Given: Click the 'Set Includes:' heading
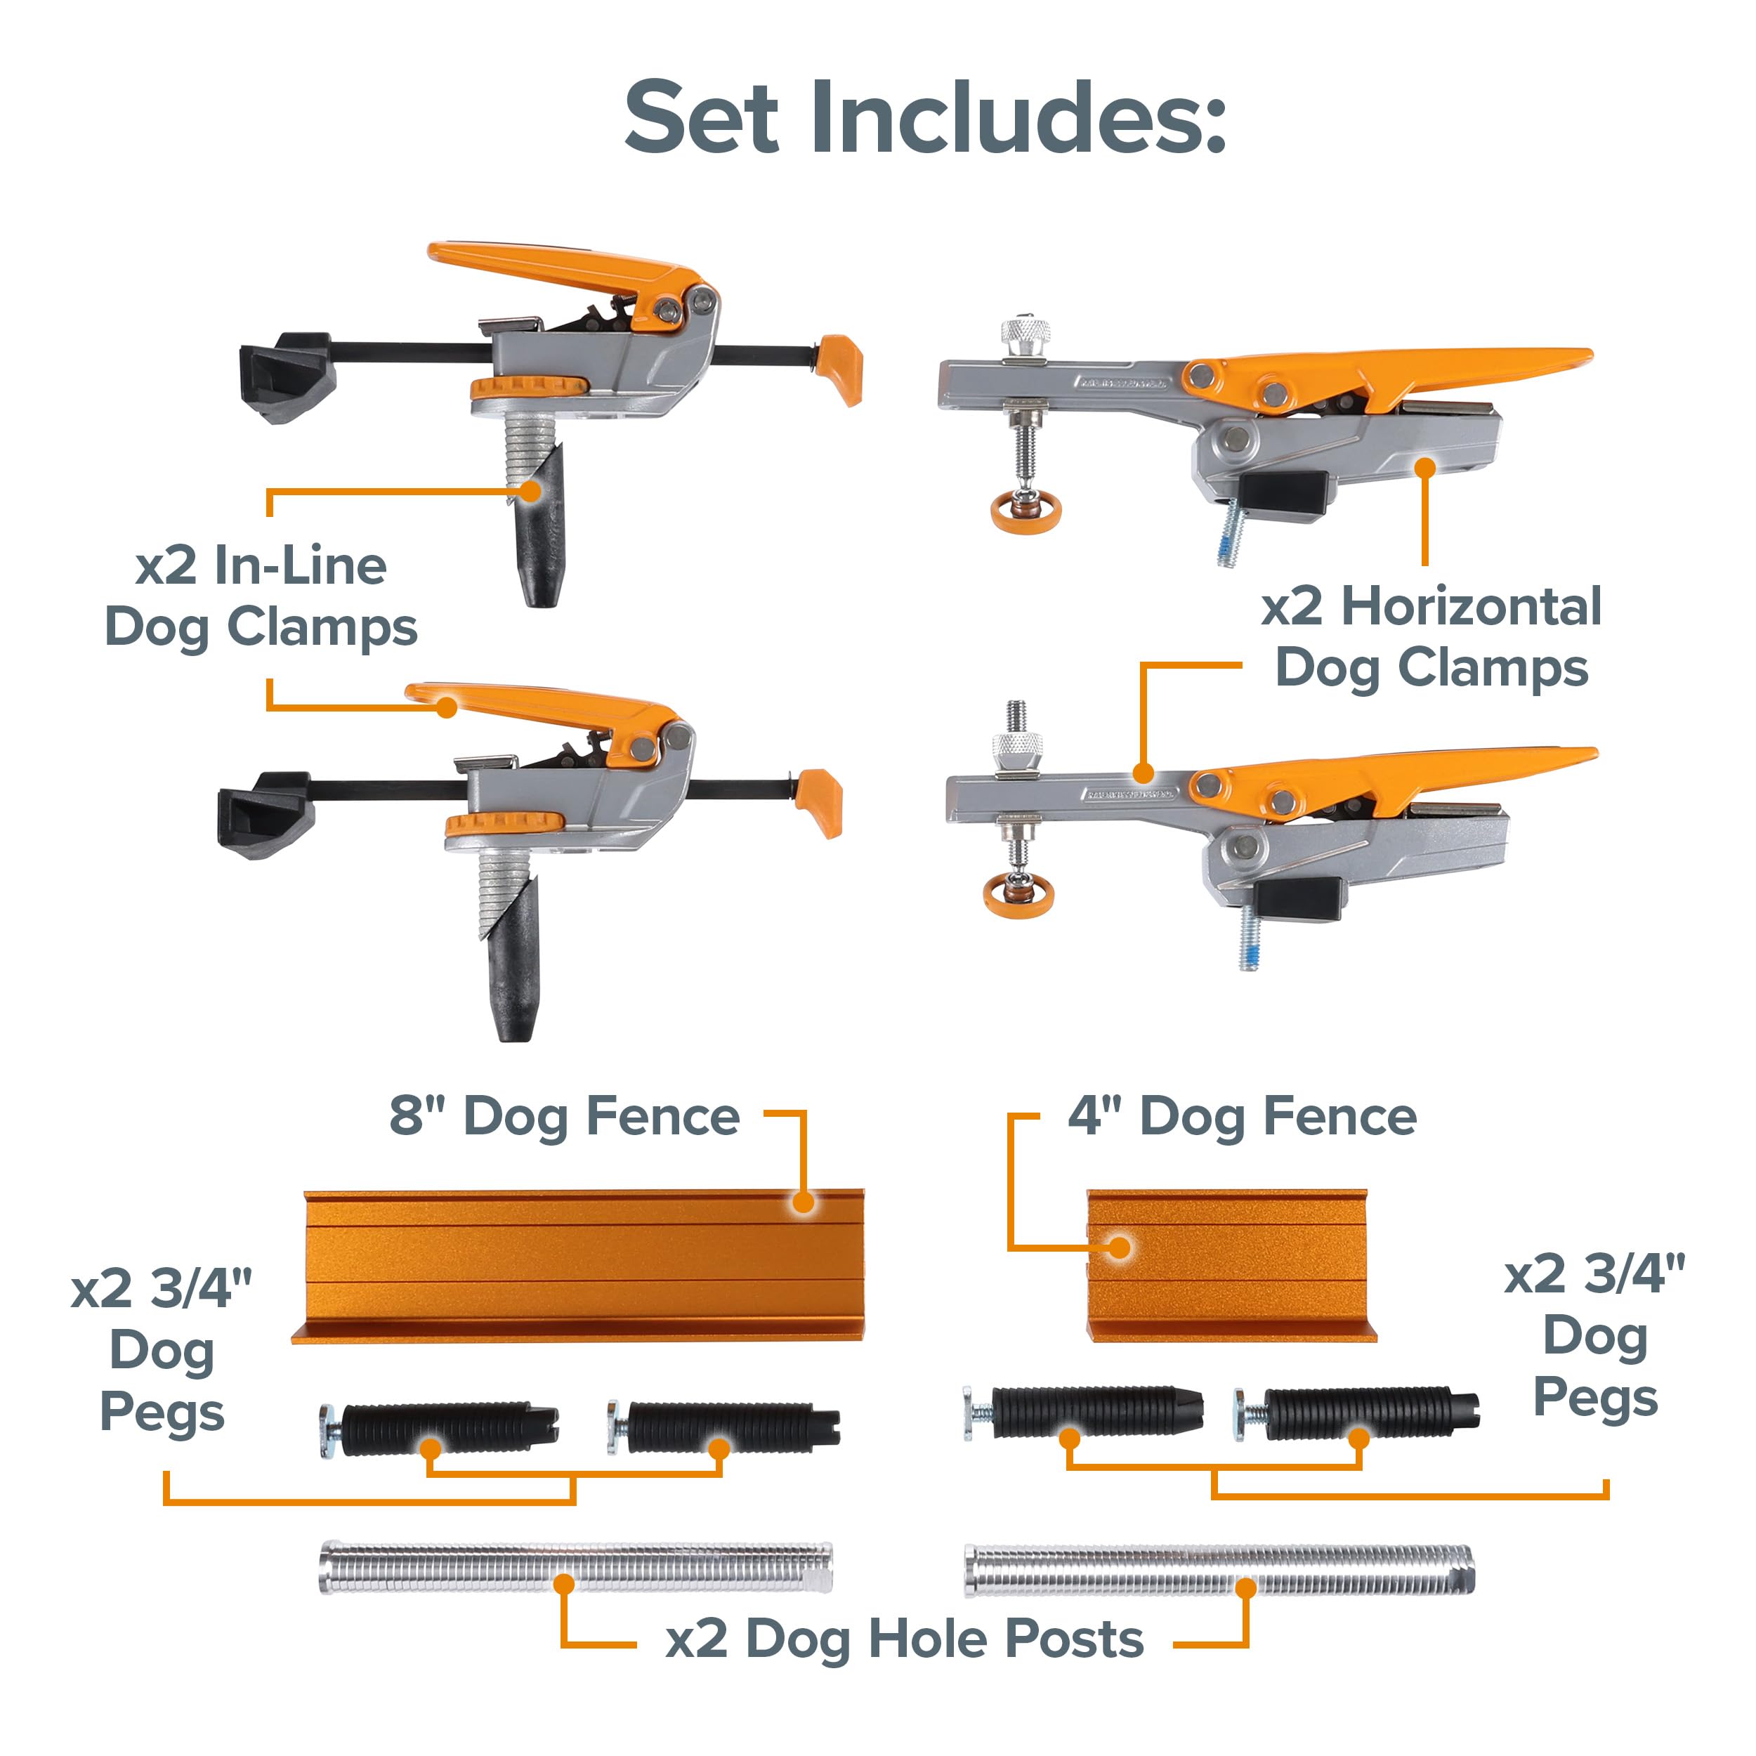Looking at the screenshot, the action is [x=925, y=118].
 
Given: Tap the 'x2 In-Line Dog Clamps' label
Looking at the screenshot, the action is [x=261, y=596].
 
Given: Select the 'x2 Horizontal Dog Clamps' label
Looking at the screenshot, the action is [x=1431, y=637].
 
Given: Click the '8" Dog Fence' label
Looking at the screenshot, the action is [x=565, y=1117].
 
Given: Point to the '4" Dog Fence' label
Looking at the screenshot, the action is [x=1243, y=1117].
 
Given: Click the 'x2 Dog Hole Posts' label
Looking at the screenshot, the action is [x=905, y=1639].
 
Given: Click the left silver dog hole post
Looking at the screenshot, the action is [x=575, y=1567].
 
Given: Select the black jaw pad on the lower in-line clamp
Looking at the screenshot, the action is [x=266, y=814].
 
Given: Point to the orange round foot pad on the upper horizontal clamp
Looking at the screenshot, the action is [x=1026, y=513].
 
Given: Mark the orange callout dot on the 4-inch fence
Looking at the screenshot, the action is [x=1120, y=1247].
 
